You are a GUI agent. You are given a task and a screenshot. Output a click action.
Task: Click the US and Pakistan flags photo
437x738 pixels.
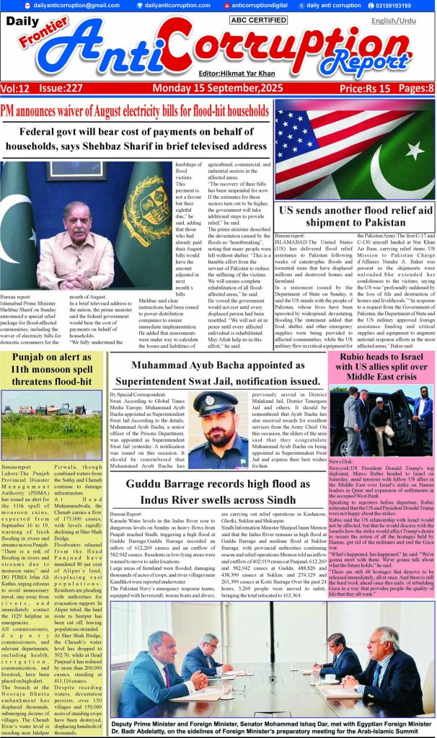pyautogui.click(x=355, y=149)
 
